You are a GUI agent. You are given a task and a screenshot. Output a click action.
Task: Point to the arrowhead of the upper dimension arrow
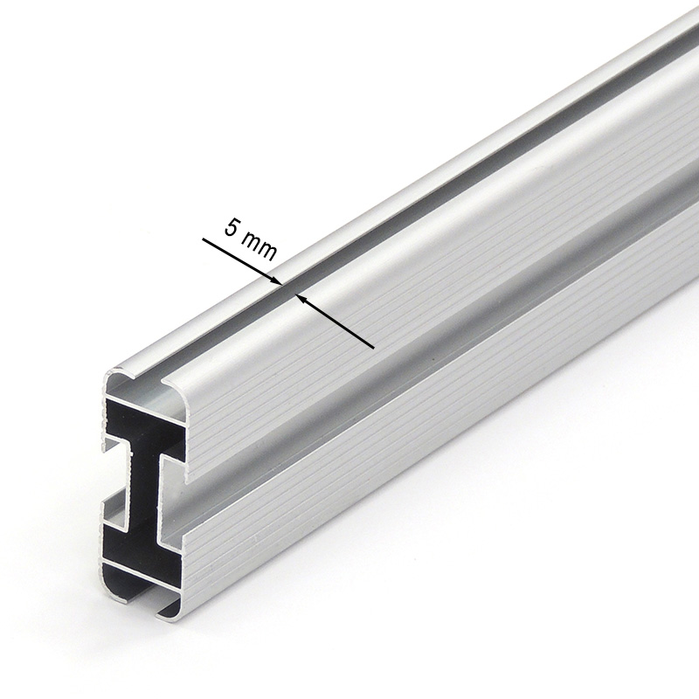pyautogui.click(x=276, y=280)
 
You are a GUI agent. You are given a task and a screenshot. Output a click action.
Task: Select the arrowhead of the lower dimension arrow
pyautogui.click(x=301, y=298)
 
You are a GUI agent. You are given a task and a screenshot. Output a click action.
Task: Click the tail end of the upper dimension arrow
pyautogui.click(x=203, y=239)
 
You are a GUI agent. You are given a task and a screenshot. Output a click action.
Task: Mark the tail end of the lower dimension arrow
pyautogui.click(x=374, y=347)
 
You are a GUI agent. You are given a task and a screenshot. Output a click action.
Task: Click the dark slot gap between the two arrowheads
pyautogui.click(x=288, y=289)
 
